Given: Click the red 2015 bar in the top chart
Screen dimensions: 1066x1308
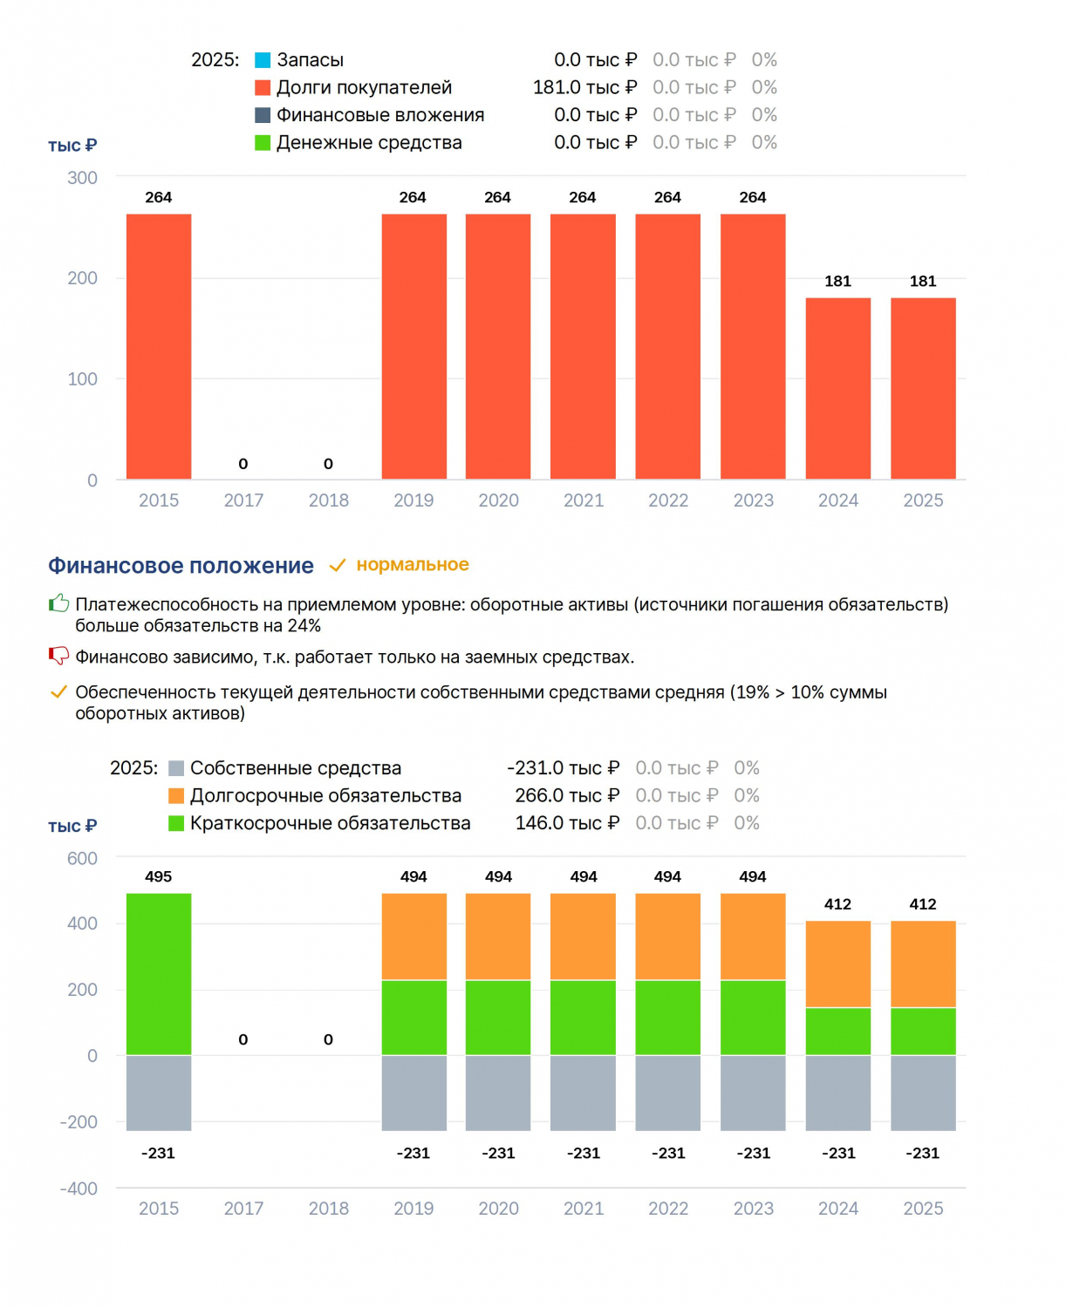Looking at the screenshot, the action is (x=159, y=346).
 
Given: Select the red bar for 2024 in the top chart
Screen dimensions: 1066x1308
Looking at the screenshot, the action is (x=838, y=388).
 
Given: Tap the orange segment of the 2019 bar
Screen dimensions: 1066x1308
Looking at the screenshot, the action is (x=414, y=937).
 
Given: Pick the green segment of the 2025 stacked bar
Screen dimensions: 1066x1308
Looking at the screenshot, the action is (x=923, y=1032).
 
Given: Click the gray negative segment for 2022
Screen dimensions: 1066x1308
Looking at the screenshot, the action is (x=668, y=1093).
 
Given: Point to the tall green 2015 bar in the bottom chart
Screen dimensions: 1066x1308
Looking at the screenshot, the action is (x=159, y=975).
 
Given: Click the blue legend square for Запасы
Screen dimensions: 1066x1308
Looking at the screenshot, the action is (x=263, y=60).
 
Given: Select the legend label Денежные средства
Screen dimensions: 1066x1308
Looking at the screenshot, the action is (x=369, y=142).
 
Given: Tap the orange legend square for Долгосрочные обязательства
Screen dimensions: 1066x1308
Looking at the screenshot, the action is (x=176, y=796).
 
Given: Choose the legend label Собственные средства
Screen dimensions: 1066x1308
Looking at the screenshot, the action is (x=296, y=768).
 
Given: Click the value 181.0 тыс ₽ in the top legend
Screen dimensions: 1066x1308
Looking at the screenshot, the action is (x=585, y=88).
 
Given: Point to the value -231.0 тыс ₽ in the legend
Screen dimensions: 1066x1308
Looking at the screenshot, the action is (x=564, y=768).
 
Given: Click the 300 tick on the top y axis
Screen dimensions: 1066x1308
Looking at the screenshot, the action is (x=82, y=178).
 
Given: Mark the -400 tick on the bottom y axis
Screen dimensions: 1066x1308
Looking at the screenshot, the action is (x=79, y=1189).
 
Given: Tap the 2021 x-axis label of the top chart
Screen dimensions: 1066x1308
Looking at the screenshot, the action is (x=584, y=501).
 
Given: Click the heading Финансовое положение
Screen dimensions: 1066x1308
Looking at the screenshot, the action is (x=181, y=566).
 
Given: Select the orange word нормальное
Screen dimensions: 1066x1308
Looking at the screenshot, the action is (x=413, y=565).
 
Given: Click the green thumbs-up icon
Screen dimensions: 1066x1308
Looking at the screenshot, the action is (x=59, y=603).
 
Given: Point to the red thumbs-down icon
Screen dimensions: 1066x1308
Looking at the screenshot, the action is (x=59, y=656).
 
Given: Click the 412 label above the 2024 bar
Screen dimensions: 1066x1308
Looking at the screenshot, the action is (x=837, y=904).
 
